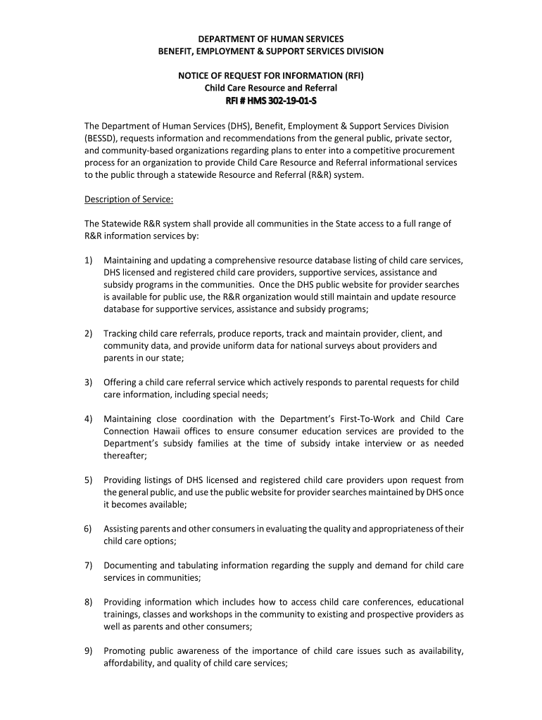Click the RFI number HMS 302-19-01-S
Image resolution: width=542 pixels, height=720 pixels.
[x=271, y=101]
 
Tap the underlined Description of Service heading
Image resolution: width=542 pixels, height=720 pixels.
[x=129, y=199]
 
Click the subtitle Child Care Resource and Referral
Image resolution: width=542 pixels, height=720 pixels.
[x=271, y=88]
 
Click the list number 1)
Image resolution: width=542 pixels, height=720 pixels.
[x=89, y=260]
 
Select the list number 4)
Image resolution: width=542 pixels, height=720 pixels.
[x=89, y=419]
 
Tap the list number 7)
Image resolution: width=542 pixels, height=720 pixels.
[x=89, y=565]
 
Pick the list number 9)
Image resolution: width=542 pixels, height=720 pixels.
[x=89, y=650]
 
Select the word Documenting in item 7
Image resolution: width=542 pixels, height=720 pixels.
[x=130, y=565]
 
